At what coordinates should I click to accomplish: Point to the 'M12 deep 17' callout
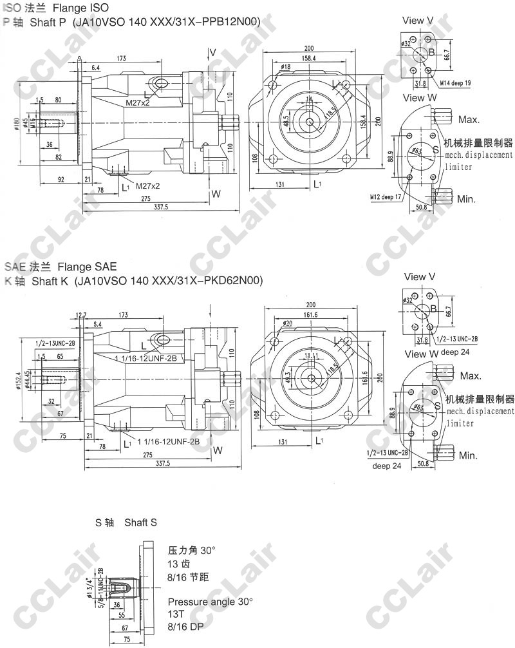pyautogui.click(x=385, y=196)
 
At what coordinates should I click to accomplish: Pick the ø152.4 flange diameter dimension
pyautogui.click(x=20, y=377)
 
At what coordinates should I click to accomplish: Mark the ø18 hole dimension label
pyautogui.click(x=286, y=66)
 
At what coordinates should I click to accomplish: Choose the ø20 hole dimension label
pyautogui.click(x=287, y=323)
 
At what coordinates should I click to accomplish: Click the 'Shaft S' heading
pyautogui.click(x=140, y=522)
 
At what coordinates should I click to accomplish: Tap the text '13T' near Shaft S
pyautogui.click(x=176, y=613)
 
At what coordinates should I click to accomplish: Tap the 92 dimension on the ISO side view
pyautogui.click(x=60, y=180)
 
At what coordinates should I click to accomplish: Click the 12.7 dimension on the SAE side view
pyautogui.click(x=80, y=315)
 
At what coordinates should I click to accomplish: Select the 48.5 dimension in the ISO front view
pyautogui.click(x=286, y=122)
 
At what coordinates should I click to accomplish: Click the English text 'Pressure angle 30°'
pyautogui.click(x=210, y=602)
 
